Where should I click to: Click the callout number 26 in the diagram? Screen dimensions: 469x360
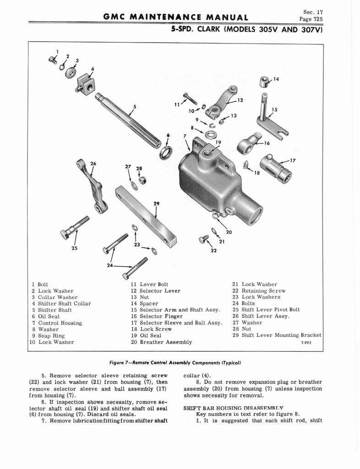coord(93,164)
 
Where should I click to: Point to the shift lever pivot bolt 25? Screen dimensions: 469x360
coord(73,227)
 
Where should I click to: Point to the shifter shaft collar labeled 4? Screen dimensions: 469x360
coord(86,84)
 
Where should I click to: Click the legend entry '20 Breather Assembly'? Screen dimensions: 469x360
coord(161,342)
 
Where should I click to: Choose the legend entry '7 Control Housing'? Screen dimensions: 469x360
coord(57,323)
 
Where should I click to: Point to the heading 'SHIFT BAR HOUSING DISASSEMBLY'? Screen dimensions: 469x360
coord(234,408)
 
